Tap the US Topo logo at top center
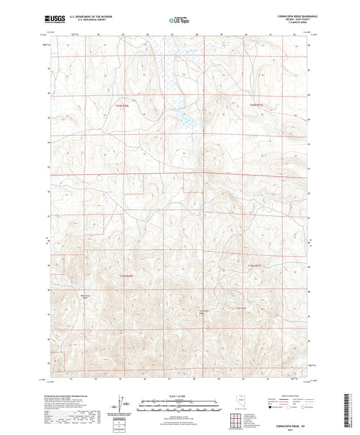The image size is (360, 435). point(177,21)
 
